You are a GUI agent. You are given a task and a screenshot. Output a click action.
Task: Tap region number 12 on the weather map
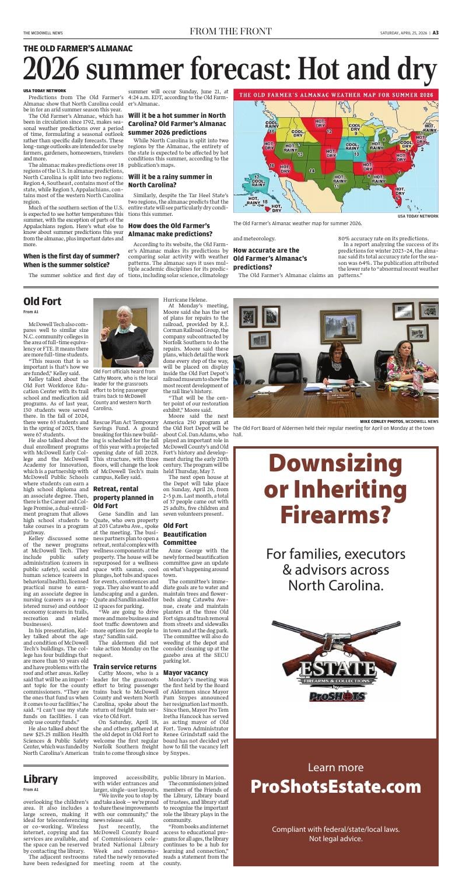(x=329, y=132)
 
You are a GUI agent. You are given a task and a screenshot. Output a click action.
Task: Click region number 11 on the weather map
(x=337, y=186)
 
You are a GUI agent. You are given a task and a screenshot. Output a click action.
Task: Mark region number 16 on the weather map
(x=272, y=166)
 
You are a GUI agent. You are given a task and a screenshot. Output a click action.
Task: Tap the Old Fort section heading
(x=43, y=301)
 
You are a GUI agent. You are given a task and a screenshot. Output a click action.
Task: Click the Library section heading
(x=40, y=779)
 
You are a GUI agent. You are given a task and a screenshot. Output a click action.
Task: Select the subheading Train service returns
(x=125, y=666)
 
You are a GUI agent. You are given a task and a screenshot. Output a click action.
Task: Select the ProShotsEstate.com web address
(x=335, y=802)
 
